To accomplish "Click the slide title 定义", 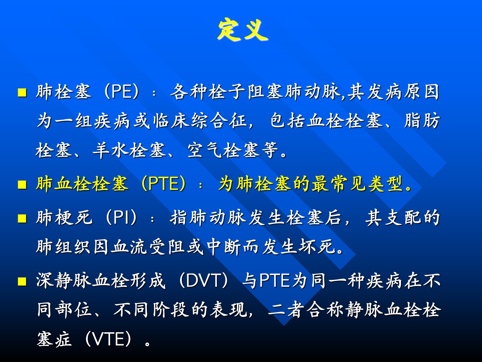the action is coord(243,30).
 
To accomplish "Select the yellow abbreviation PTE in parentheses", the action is coord(164,184).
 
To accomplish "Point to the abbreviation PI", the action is coord(121,218).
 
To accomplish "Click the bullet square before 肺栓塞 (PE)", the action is coord(22,93).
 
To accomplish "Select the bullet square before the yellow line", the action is coord(22,185).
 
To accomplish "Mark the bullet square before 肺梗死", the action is coord(22,219).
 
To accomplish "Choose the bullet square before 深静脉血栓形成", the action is coord(22,281).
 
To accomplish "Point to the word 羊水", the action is coord(110,150).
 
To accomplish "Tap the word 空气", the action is coord(205,150).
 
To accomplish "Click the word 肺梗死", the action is coord(64,218).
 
